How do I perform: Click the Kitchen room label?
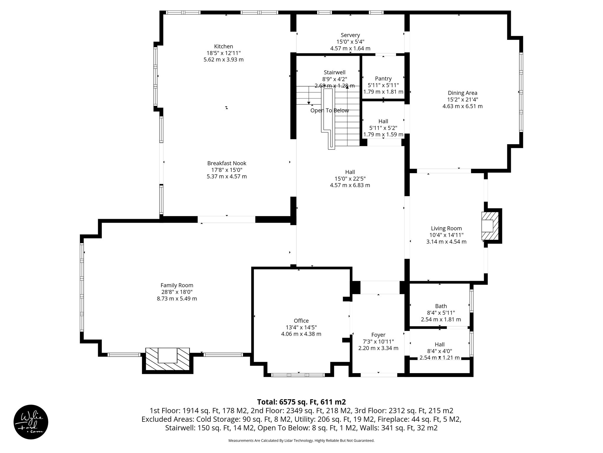(223, 46)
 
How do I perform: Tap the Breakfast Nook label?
(226, 163)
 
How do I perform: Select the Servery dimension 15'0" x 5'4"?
(350, 42)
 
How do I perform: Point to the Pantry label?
(383, 78)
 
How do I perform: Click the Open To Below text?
(329, 110)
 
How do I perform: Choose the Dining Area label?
(462, 93)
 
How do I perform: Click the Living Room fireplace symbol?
(490, 226)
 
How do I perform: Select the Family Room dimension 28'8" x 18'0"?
(177, 292)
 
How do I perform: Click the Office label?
(301, 321)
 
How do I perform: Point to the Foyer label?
(378, 335)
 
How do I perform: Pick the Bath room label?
(441, 306)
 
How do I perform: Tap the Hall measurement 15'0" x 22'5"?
(350, 178)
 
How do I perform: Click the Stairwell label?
(334, 72)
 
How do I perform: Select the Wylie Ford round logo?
(31, 422)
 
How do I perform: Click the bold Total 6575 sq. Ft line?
(301, 402)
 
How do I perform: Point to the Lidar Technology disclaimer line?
(301, 441)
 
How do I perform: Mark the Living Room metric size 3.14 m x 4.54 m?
(446, 242)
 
